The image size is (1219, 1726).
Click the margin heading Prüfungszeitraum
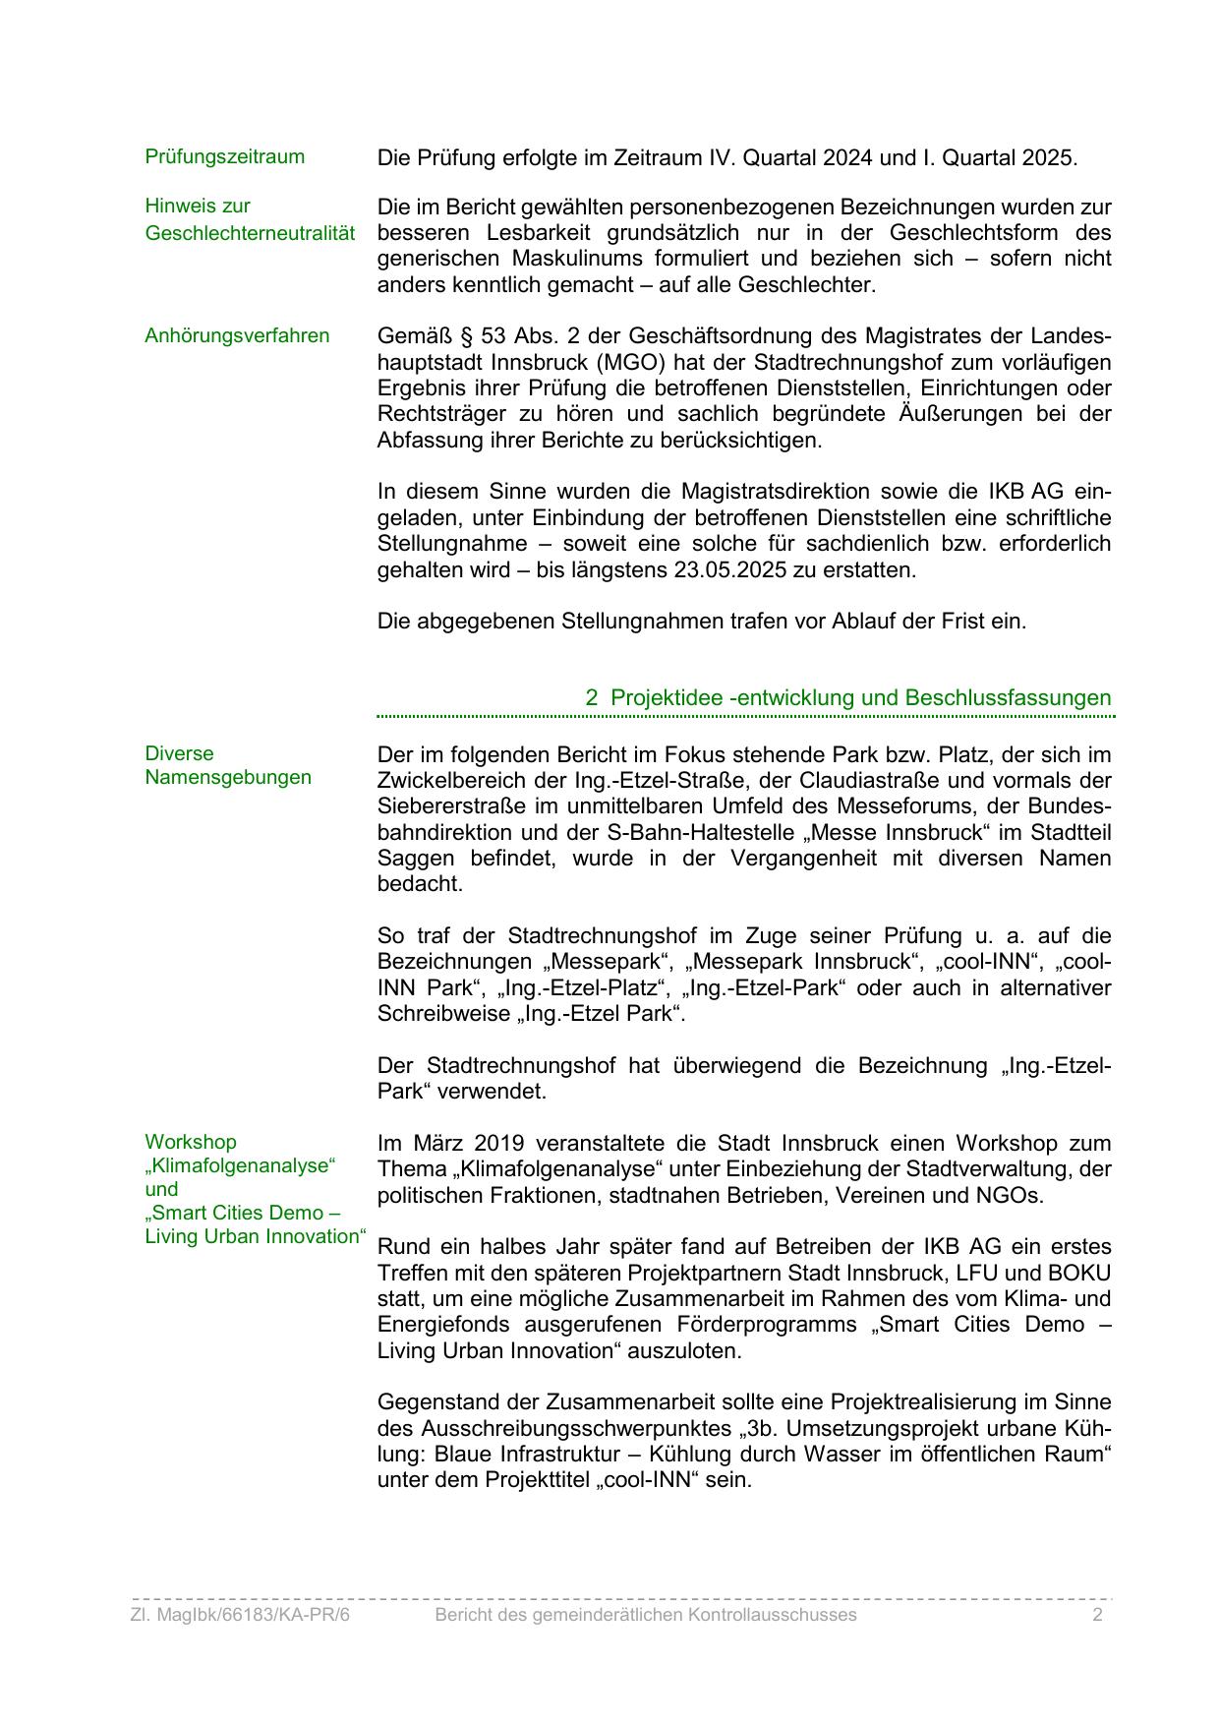tap(224, 156)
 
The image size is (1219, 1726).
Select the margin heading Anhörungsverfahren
tap(237, 335)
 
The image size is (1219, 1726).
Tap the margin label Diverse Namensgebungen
tap(227, 765)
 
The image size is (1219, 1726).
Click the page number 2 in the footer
tap(1097, 1615)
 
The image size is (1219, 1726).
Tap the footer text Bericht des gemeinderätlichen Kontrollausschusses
tap(646, 1615)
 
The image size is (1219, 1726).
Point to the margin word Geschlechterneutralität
tap(250, 233)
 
